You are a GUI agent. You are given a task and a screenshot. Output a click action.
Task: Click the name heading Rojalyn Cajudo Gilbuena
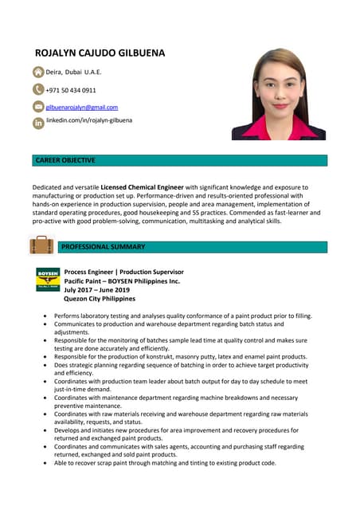(x=100, y=53)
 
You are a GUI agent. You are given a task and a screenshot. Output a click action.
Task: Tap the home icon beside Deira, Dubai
(x=38, y=73)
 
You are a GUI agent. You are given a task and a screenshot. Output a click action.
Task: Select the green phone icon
(x=38, y=90)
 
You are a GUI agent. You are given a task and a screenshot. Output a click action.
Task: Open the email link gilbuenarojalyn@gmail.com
(x=81, y=107)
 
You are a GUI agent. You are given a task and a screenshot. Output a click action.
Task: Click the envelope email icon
(x=38, y=107)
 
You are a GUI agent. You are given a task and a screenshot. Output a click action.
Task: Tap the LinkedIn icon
(x=38, y=124)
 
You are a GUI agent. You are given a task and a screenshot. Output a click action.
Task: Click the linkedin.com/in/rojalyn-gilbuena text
(x=89, y=120)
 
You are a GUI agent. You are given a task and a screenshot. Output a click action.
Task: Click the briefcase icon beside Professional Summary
(x=41, y=245)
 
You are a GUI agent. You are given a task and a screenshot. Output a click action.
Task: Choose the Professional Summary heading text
(x=103, y=247)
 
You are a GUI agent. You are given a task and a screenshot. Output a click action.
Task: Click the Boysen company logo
(x=48, y=280)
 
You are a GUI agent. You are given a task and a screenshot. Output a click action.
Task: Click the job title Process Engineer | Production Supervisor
(x=123, y=272)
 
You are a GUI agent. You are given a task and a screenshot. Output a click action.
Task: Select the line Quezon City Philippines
(x=100, y=299)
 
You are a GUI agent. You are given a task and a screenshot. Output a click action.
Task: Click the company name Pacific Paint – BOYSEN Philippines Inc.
(x=122, y=281)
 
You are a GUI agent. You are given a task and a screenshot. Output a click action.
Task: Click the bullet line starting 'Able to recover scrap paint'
(x=165, y=463)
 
